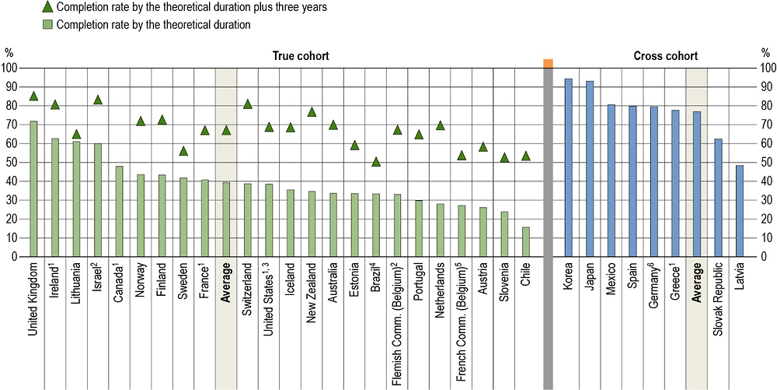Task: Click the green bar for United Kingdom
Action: pos(33,189)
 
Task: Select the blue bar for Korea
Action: pos(568,167)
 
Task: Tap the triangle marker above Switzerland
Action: pos(248,104)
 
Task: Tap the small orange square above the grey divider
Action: pos(548,63)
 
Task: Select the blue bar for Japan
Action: pos(589,169)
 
